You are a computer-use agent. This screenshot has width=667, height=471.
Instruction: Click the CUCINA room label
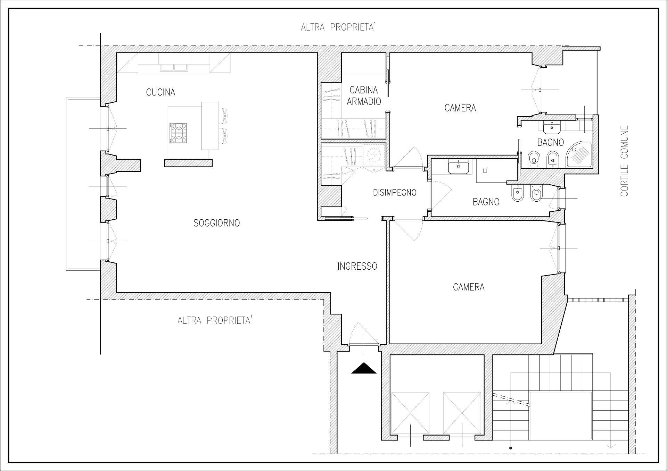pos(160,92)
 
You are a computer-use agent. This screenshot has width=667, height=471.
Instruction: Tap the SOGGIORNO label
pos(217,223)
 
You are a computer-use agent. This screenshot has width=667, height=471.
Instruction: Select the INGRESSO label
pos(357,266)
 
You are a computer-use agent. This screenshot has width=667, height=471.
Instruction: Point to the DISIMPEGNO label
pos(395,193)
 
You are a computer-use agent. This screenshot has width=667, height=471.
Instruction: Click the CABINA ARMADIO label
pos(364,95)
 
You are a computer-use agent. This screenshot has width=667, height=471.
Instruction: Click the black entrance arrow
pos(364,368)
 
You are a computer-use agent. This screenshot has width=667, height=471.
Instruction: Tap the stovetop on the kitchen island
pos(178,133)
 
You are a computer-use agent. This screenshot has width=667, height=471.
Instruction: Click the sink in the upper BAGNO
pos(551,128)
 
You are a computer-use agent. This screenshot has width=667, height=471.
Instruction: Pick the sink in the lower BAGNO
pos(459,168)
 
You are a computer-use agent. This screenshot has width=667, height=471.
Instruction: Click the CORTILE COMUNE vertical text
pos(625,161)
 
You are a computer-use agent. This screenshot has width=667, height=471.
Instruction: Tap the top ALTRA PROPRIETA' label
pos(338,27)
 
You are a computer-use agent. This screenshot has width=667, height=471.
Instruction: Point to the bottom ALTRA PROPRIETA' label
pos(215,320)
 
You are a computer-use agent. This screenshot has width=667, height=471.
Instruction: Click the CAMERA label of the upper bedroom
pos(460,108)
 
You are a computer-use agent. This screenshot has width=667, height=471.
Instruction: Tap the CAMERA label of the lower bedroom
pos(469,287)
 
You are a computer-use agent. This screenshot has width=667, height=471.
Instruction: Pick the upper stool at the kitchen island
pos(223,116)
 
